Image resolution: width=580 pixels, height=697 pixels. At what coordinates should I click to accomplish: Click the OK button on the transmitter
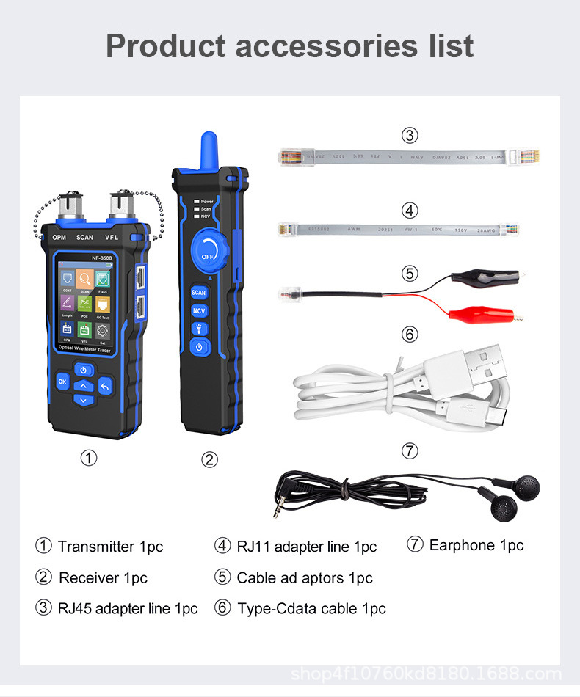click(62, 382)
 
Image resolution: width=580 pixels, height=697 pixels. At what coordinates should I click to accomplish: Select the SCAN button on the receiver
click(199, 292)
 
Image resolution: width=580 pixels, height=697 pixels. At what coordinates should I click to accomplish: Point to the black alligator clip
click(477, 277)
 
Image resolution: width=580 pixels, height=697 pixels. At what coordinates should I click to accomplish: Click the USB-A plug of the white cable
click(473, 367)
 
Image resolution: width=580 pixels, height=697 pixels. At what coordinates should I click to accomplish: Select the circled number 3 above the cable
click(410, 135)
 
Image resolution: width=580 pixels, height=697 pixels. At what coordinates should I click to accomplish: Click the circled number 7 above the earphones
click(410, 450)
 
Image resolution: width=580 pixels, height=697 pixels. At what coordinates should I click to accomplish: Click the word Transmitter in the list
click(97, 547)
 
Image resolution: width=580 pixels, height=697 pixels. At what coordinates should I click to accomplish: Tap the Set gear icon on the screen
click(103, 332)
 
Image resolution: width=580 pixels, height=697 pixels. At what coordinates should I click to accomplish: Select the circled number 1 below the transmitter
click(88, 459)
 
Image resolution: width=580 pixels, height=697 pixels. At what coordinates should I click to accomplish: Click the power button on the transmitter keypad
click(84, 371)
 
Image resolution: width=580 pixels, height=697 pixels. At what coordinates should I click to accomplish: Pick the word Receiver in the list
click(89, 578)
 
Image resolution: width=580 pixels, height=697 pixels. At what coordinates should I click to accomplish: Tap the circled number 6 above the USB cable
click(410, 334)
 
